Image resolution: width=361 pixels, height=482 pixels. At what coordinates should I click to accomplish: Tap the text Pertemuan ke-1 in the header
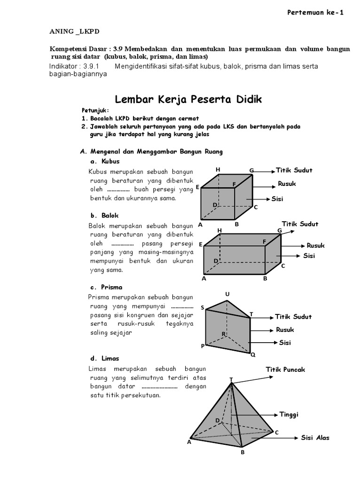click(315, 13)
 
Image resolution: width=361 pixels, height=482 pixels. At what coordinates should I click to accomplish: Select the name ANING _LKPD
click(75, 32)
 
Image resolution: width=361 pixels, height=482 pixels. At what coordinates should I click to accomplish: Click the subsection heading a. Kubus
click(101, 161)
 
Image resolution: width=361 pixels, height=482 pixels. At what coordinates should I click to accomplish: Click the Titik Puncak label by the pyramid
click(285, 370)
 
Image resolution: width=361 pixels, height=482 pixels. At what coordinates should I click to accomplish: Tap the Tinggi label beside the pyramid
click(289, 414)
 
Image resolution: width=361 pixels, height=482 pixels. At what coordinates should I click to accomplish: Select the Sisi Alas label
click(315, 438)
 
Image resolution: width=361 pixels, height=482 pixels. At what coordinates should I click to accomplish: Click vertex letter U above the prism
click(227, 295)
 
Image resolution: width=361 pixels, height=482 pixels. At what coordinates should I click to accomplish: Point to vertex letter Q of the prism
click(252, 355)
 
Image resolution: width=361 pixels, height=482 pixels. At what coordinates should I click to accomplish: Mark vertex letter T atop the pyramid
click(231, 379)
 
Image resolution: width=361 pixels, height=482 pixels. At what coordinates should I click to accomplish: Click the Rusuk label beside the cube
click(287, 184)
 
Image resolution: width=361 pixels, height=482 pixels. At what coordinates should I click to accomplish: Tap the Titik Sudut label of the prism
click(293, 317)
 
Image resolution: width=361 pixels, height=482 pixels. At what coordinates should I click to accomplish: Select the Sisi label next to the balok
click(309, 256)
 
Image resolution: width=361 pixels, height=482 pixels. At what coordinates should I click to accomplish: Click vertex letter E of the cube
click(198, 187)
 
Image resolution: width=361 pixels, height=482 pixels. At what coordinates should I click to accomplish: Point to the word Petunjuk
click(94, 111)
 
